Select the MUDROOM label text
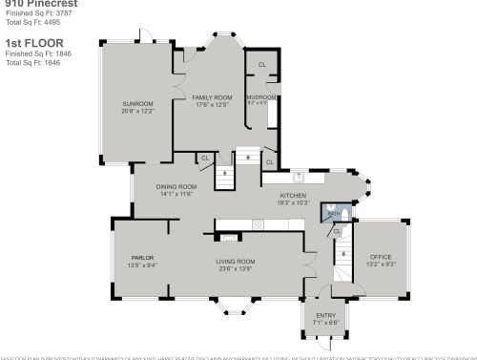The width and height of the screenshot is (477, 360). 261,97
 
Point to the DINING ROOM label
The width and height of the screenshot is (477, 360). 177,186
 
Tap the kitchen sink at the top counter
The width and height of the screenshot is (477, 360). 299,177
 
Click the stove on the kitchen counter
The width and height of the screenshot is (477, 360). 258,224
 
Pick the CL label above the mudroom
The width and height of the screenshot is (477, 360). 262,66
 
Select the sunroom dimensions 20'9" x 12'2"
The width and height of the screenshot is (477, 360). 137,110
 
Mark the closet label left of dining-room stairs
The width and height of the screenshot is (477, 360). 205,158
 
